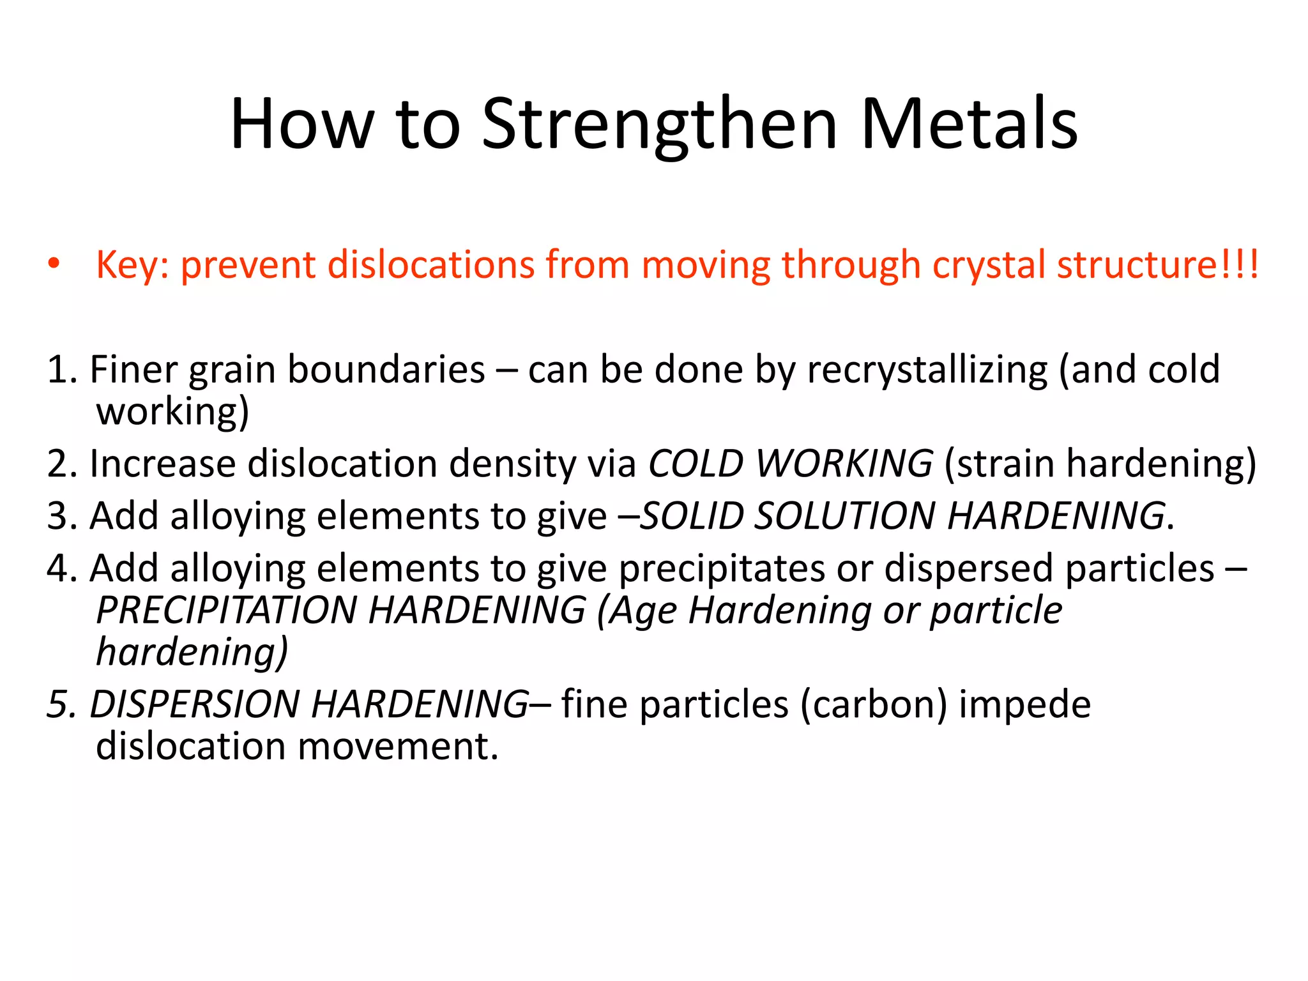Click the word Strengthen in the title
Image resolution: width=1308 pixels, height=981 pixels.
click(x=659, y=125)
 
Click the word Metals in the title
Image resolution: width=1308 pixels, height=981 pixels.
click(x=969, y=125)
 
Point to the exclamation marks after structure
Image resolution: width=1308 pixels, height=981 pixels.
click(x=1240, y=264)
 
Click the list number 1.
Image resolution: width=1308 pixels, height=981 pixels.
click(x=57, y=370)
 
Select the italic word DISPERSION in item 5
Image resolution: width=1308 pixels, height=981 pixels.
click(x=195, y=704)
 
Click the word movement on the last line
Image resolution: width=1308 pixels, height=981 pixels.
click(x=398, y=746)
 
